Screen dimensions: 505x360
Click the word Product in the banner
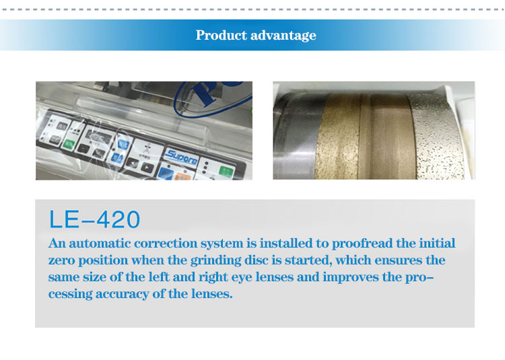[x=221, y=35]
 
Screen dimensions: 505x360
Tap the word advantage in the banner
[x=283, y=36]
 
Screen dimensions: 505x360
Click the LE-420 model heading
[x=94, y=219]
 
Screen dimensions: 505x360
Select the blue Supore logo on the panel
[x=181, y=157]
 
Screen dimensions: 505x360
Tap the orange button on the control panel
[x=183, y=177]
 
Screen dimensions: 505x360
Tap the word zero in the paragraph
[x=62, y=260]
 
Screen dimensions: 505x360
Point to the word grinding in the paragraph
[x=215, y=260]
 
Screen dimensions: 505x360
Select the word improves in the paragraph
[x=351, y=277]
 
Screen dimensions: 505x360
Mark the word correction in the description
[x=166, y=243]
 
